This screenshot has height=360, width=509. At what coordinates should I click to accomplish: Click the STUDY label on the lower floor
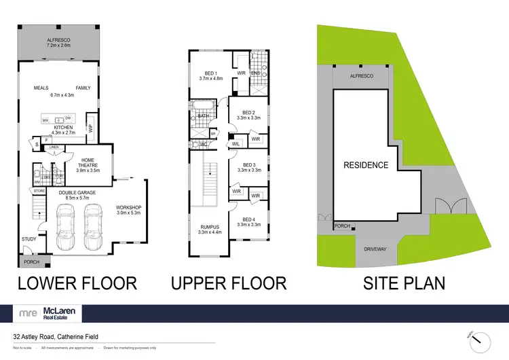28,239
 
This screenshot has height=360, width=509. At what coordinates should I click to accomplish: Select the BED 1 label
212,75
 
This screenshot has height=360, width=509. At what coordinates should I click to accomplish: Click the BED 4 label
248,221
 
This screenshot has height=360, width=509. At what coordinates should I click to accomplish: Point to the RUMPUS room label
204,230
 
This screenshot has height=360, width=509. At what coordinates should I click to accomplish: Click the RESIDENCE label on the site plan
366,165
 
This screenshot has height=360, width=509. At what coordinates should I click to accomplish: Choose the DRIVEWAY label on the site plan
375,249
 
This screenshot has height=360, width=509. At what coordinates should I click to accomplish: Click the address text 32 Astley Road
54,336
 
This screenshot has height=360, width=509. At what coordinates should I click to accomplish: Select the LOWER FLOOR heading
77,283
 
